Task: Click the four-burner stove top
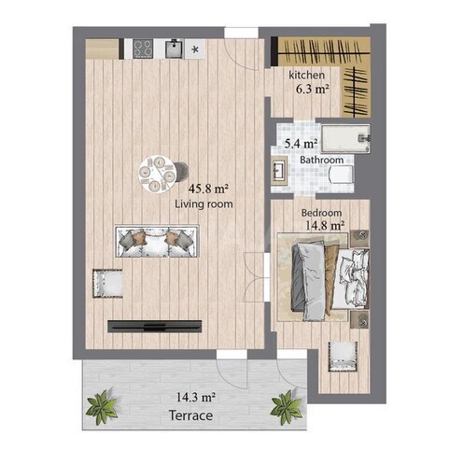pyautogui.click(x=143, y=49)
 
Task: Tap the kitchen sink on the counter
pyautogui.click(x=175, y=49)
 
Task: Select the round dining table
pyautogui.click(x=158, y=175)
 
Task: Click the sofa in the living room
pyautogui.click(x=157, y=242)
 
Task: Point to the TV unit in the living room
pyautogui.click(x=155, y=326)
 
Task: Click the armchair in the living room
pyautogui.click(x=107, y=283)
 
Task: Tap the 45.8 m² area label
pyautogui.click(x=208, y=189)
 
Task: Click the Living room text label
pyautogui.click(x=203, y=204)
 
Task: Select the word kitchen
pyautogui.click(x=306, y=75)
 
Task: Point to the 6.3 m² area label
pyautogui.click(x=313, y=90)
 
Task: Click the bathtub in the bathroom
pyautogui.click(x=345, y=138)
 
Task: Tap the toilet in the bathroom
pyautogui.click(x=342, y=175)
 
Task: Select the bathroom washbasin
pyautogui.click(x=279, y=171)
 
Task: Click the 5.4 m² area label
pyautogui.click(x=302, y=144)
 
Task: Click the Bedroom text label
pyautogui.click(x=321, y=213)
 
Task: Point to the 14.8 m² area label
pyautogui.click(x=325, y=225)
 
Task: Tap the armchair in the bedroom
pyautogui.click(x=343, y=357)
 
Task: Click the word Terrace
pyautogui.click(x=190, y=415)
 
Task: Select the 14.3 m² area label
pyautogui.click(x=196, y=398)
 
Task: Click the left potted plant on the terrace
pyautogui.click(x=102, y=406)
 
